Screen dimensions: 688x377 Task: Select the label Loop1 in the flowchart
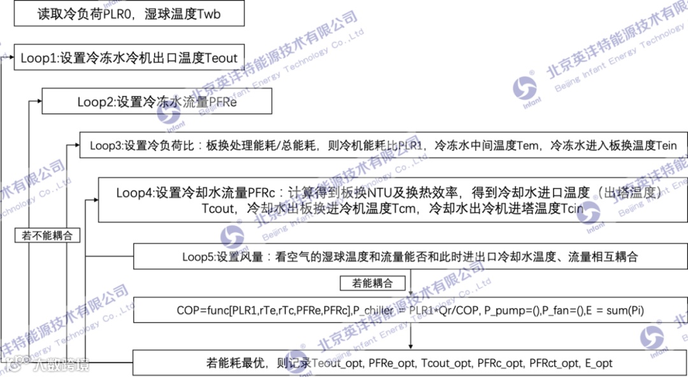coord(39,58)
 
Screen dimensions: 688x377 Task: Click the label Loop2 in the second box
coord(96,102)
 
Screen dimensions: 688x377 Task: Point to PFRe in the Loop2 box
coord(222,102)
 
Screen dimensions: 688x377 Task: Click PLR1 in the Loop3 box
coord(406,145)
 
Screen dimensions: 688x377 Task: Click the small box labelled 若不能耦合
coord(47,236)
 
